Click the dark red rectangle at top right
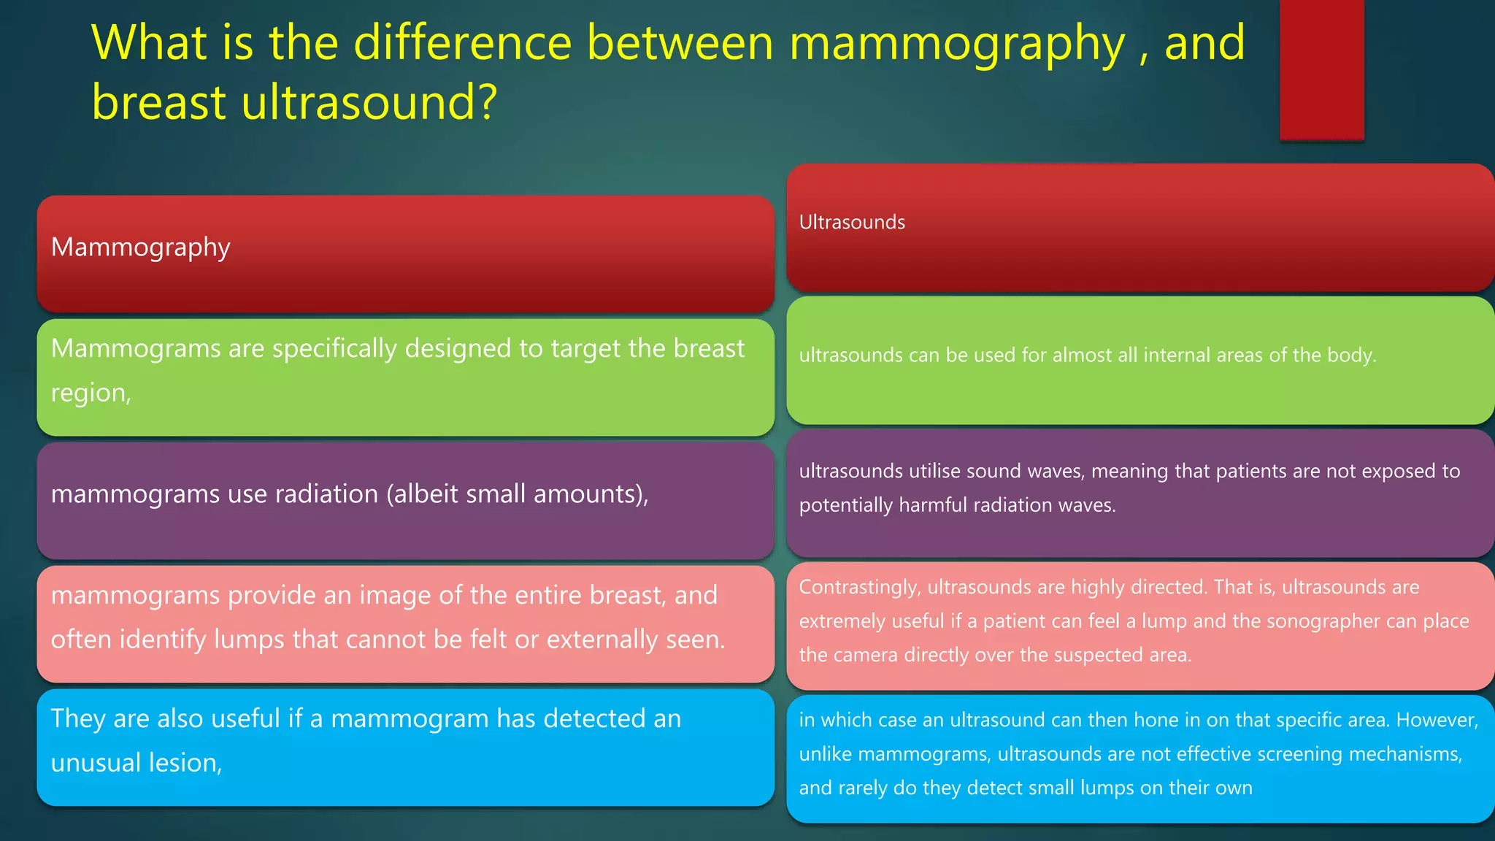(1321, 69)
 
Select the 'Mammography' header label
(140, 247)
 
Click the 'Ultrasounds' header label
(852, 222)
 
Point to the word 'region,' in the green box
(91, 393)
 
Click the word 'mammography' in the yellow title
(957, 42)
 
